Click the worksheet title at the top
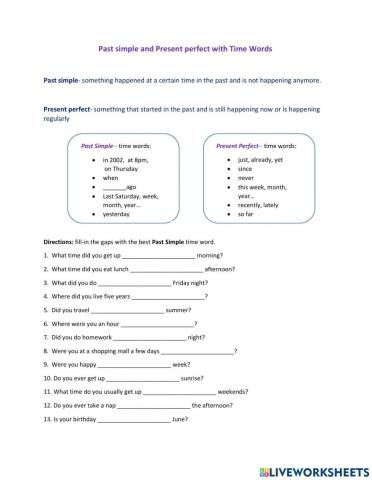[x=186, y=47]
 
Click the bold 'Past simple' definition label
[x=63, y=79]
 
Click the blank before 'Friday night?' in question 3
[x=153, y=283]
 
